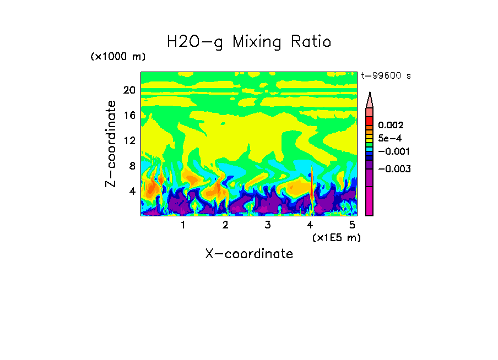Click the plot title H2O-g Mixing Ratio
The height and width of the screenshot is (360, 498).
[x=249, y=42]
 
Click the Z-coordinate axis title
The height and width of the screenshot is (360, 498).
[x=111, y=144]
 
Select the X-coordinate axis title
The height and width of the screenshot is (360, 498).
[x=249, y=254]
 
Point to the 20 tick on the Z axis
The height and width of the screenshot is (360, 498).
[x=129, y=90]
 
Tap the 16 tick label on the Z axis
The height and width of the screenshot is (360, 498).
[x=129, y=115]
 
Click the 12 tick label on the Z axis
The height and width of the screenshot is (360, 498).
[x=129, y=140]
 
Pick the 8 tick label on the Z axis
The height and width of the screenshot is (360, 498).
[x=132, y=166]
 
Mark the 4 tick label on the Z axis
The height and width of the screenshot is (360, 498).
[x=132, y=192]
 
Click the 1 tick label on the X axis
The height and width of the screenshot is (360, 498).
[x=183, y=225]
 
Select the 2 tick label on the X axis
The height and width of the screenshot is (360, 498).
[x=225, y=225]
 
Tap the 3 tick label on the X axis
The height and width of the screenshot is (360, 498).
[x=268, y=225]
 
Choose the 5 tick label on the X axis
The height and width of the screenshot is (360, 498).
[x=352, y=225]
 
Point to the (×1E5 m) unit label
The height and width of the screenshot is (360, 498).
[x=336, y=238]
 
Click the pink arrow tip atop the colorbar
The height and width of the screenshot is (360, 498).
[x=370, y=99]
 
